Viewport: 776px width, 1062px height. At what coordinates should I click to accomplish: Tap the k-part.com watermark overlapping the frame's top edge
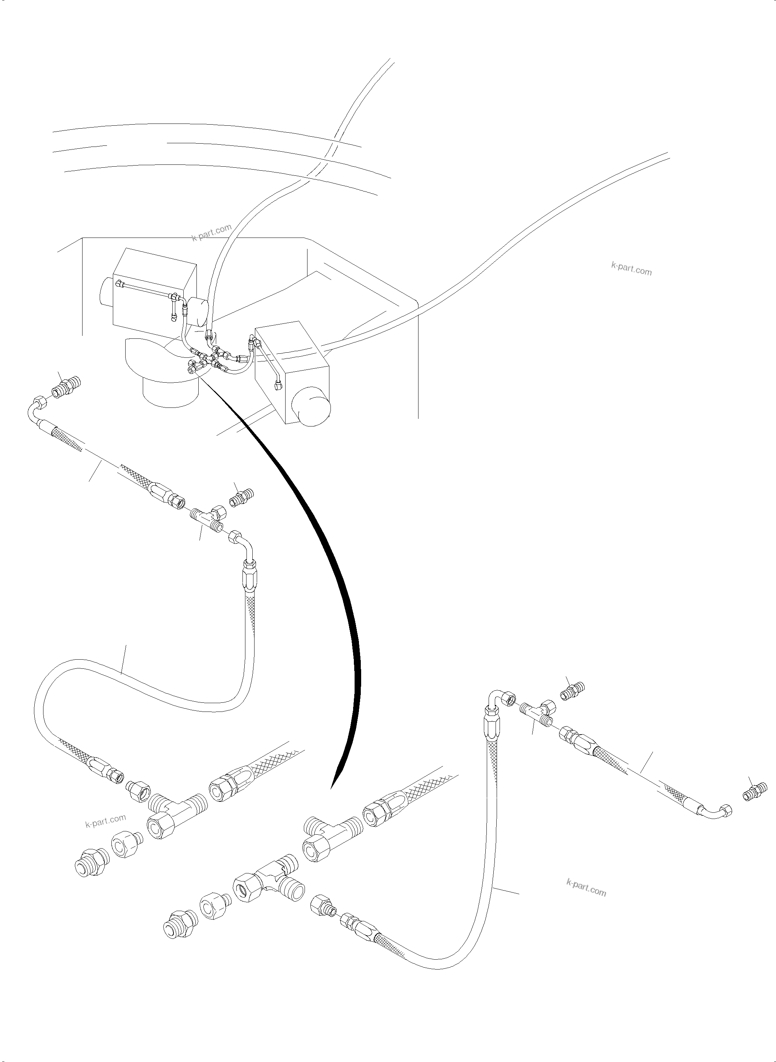point(212,232)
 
